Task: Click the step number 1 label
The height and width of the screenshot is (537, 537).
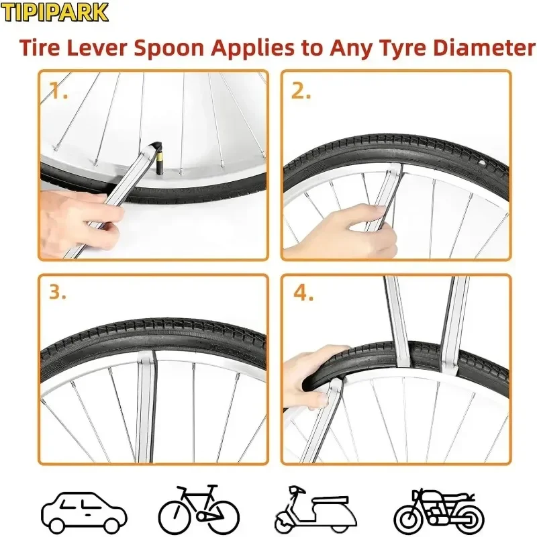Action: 58,91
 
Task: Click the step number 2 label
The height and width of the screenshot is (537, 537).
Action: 301,91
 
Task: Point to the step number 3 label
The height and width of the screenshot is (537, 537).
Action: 58,293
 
